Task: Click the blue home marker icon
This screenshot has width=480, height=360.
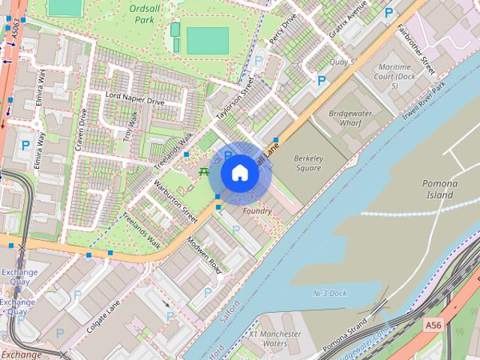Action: point(239,173)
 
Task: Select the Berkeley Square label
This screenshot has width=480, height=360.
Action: point(307,163)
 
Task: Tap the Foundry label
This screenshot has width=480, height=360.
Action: point(257,211)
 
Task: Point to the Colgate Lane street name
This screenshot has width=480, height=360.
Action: point(103,316)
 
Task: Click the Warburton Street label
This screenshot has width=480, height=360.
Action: point(175,200)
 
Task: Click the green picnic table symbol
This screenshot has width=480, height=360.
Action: point(204,172)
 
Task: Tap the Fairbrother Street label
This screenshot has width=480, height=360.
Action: point(417,49)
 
